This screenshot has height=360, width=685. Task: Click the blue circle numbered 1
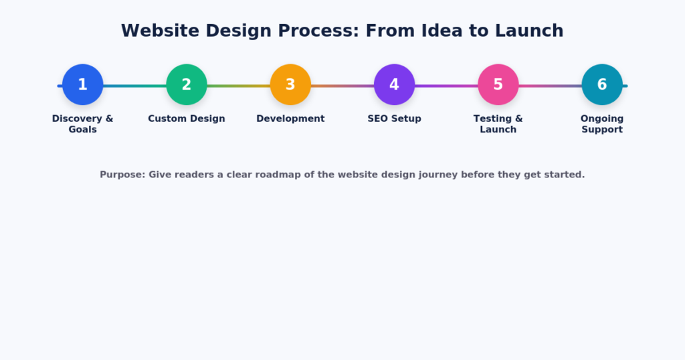(x=82, y=85)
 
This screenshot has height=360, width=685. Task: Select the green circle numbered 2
(x=187, y=85)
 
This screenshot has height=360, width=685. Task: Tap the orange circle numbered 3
(x=290, y=85)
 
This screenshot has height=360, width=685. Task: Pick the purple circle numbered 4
(x=395, y=85)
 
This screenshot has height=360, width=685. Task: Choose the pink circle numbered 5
(x=498, y=85)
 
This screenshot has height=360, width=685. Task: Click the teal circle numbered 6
(x=602, y=85)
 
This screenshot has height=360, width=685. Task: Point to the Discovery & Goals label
(x=82, y=124)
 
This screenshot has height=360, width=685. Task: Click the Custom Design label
(x=187, y=119)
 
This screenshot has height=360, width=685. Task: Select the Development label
(x=290, y=119)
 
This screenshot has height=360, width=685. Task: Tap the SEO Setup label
(x=395, y=119)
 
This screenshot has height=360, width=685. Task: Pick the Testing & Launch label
(x=498, y=124)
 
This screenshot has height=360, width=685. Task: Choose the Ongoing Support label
(x=602, y=124)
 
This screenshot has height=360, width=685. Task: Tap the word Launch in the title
(x=529, y=31)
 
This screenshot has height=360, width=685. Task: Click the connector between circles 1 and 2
(x=134, y=86)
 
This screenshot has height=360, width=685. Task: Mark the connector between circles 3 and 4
(x=342, y=86)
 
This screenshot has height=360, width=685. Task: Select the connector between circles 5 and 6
(x=550, y=86)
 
